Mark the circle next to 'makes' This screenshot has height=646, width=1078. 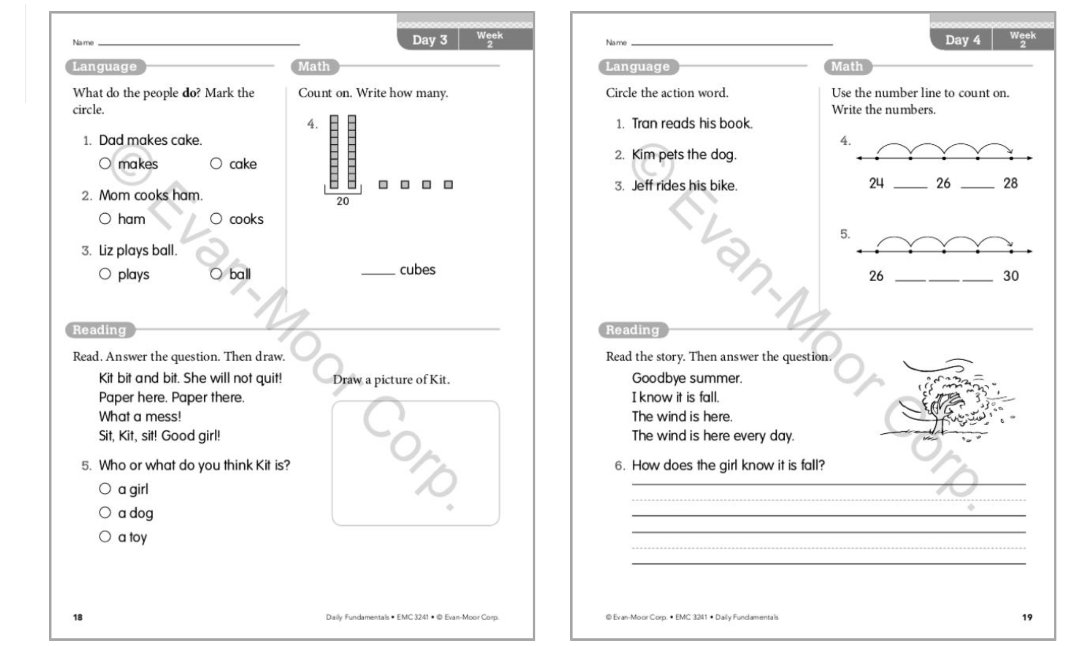coord(105,164)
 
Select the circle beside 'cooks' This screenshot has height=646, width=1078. coord(216,218)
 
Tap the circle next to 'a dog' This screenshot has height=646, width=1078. coord(105,512)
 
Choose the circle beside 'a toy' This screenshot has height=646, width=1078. coord(105,536)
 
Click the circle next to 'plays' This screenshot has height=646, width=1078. coord(105,274)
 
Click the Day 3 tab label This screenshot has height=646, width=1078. coord(429,40)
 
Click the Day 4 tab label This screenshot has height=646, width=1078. coord(962,40)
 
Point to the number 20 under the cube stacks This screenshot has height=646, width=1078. coord(343,201)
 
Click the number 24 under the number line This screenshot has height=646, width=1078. coord(876,183)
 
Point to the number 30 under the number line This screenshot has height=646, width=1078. coord(1011,276)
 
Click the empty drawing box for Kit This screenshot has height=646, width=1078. coord(415,463)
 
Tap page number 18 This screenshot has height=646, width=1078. coord(78,617)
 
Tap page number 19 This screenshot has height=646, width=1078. coord(1027,617)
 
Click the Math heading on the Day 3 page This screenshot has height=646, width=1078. coord(314,67)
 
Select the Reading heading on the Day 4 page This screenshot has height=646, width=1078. coord(632,330)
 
